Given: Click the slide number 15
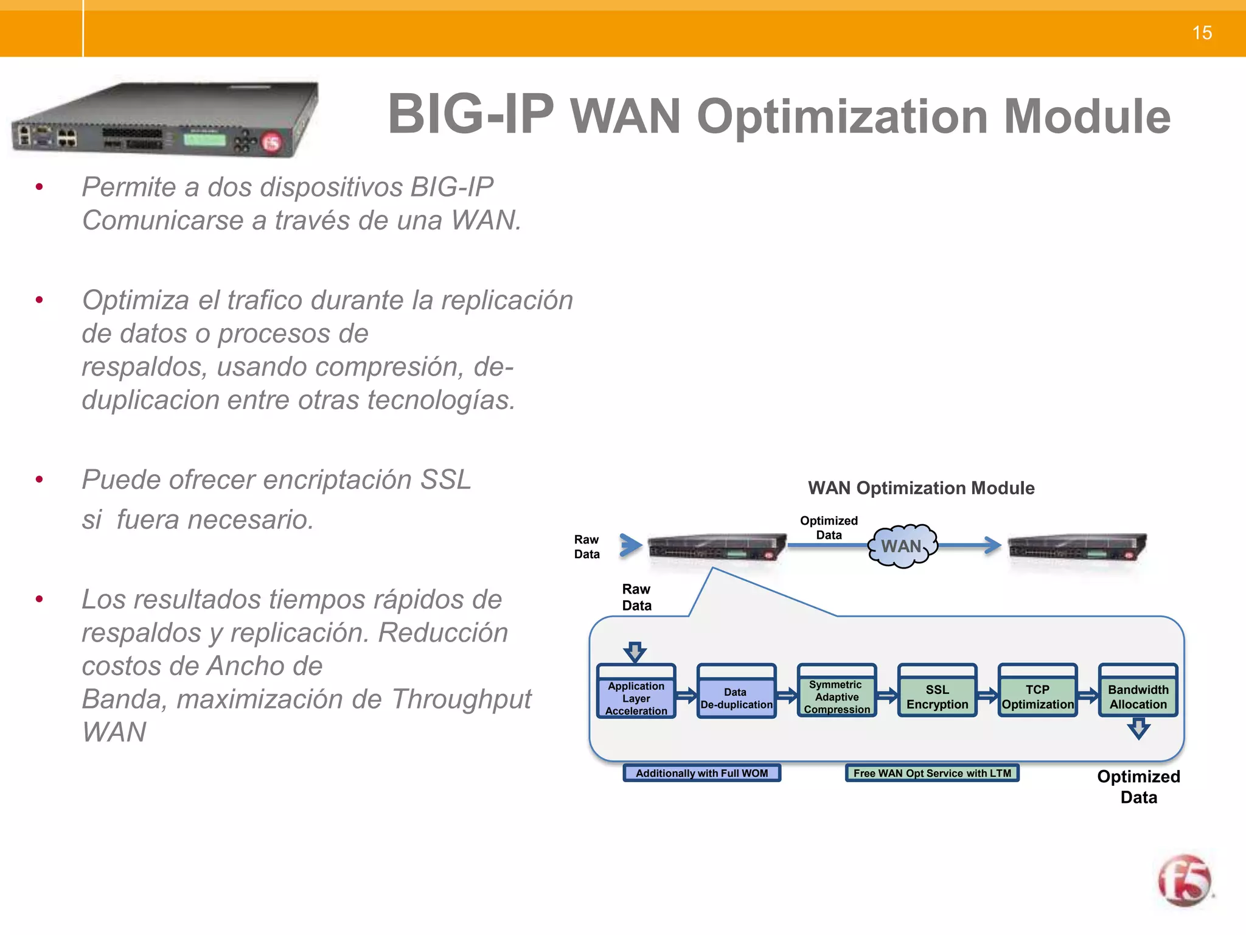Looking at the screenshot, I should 1202,33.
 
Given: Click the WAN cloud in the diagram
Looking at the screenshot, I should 902,546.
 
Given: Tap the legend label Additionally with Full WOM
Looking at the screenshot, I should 701,773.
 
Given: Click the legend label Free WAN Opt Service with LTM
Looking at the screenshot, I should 931,773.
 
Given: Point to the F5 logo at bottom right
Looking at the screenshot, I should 1185,881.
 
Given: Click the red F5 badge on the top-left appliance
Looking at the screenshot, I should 271,142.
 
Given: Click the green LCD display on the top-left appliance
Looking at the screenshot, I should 204,139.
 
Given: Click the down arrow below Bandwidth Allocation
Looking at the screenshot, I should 1138,728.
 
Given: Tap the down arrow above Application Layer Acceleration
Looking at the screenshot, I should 635,652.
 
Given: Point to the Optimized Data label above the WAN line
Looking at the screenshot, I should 829,528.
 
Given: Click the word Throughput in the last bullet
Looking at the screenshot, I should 461,699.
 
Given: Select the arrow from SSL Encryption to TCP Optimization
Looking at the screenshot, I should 987,695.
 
